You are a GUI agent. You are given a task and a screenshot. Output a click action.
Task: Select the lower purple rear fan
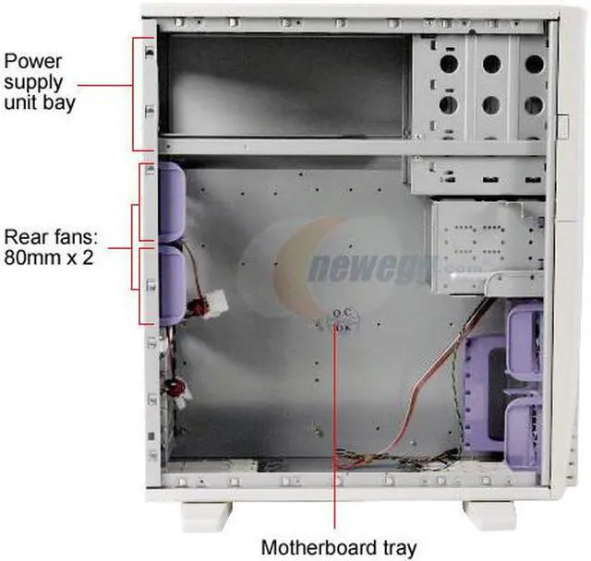tap(172, 284)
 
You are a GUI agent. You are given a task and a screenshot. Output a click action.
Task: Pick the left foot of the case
tap(206, 512)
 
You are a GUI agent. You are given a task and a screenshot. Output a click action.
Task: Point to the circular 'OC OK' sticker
tap(343, 318)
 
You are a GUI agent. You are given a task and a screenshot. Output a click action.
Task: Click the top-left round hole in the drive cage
tap(448, 64)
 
